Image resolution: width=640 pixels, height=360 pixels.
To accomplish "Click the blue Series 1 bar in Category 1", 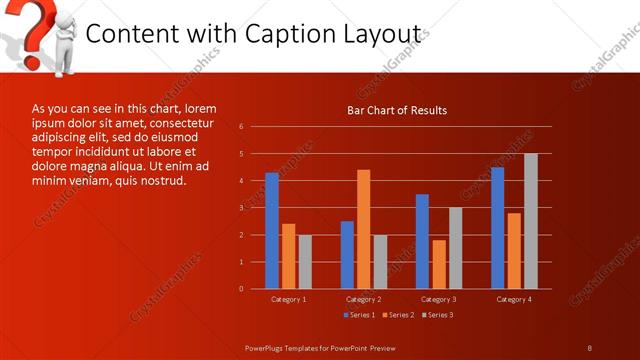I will (x=272, y=230).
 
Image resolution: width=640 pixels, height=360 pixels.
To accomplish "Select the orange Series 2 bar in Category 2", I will (x=363, y=229).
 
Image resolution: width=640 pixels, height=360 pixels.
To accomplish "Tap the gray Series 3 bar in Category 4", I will (x=530, y=221).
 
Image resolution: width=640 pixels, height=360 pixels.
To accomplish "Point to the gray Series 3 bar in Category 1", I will (x=305, y=261).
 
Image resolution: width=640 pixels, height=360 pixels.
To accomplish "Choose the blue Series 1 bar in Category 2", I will (x=347, y=254).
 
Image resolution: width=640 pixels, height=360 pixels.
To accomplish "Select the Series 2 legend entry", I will (x=398, y=315).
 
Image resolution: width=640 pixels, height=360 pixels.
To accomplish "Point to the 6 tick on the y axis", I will (x=241, y=127).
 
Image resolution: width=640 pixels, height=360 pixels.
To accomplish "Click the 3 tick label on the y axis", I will (x=241, y=208).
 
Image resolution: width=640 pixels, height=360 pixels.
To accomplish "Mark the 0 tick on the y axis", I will (x=241, y=289).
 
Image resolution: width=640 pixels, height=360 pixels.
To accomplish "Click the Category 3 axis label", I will (x=439, y=299).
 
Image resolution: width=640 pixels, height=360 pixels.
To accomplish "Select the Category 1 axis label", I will (x=289, y=299).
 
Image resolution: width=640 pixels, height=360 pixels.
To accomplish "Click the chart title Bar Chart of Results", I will (x=397, y=110).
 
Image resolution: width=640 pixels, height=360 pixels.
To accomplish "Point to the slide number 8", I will (x=590, y=347).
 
